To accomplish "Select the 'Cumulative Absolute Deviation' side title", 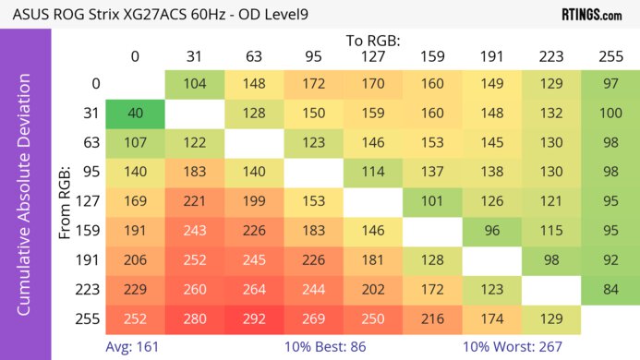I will tap(25, 202).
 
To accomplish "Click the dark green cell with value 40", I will tap(135, 114).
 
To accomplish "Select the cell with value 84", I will tap(610, 291).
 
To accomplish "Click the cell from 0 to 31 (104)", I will tap(195, 84).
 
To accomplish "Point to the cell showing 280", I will tap(195, 318).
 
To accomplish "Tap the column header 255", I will tap(610, 56).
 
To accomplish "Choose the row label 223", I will tap(86, 291).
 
